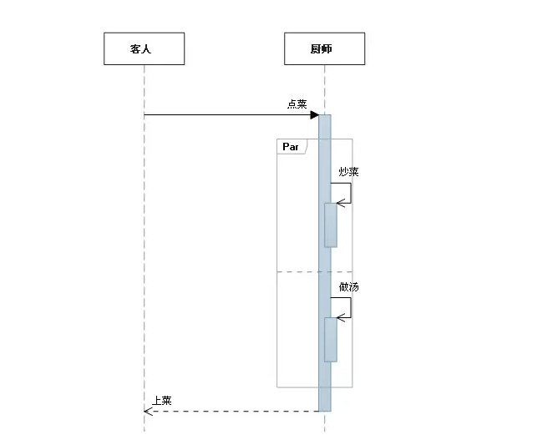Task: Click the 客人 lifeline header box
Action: pos(144,48)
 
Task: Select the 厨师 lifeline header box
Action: pos(324,48)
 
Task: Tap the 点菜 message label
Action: pos(297,104)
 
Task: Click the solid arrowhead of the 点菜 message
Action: pos(315,114)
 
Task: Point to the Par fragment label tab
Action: pos(292,147)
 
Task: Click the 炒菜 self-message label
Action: pos(348,172)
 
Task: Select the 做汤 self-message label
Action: pos(349,286)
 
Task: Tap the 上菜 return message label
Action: pos(161,401)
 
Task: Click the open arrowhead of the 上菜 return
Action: pos(148,411)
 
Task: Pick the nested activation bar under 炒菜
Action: pos(331,225)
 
